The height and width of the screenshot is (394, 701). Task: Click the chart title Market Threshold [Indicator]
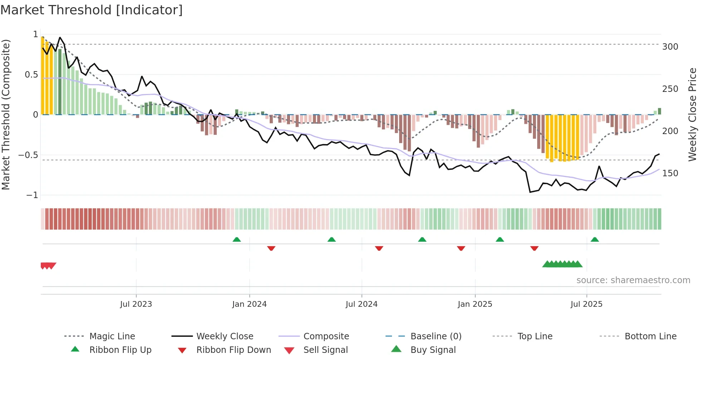pos(92,10)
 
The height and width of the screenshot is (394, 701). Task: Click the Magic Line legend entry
pos(112,336)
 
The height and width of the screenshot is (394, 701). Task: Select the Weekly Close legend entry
pos(225,336)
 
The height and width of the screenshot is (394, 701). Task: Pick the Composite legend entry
pos(326,336)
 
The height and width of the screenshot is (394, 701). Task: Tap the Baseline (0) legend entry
pos(436,336)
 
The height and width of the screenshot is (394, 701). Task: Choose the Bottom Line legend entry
pos(650,336)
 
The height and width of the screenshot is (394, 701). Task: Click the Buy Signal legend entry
pos(433,350)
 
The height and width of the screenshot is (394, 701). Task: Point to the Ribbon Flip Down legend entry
pos(234,350)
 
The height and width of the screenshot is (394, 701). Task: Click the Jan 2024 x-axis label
pos(249,304)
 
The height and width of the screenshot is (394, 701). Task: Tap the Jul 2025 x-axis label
pos(586,304)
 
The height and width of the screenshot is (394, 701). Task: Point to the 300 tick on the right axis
pos(670,47)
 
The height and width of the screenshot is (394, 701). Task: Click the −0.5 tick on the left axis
pos(28,155)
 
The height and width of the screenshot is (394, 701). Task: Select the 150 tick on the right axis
pos(670,173)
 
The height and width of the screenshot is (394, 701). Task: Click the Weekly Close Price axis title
pos(692,114)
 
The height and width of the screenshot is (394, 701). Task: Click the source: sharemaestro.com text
pos(633,280)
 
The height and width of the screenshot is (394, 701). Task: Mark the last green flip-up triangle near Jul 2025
pos(594,240)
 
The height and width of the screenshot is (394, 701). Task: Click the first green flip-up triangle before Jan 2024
pos(236,240)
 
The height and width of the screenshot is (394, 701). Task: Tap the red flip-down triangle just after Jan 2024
pos(271,248)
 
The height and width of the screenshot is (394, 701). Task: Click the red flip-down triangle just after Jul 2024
pos(379,248)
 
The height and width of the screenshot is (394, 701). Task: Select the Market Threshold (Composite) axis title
pos(6,114)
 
